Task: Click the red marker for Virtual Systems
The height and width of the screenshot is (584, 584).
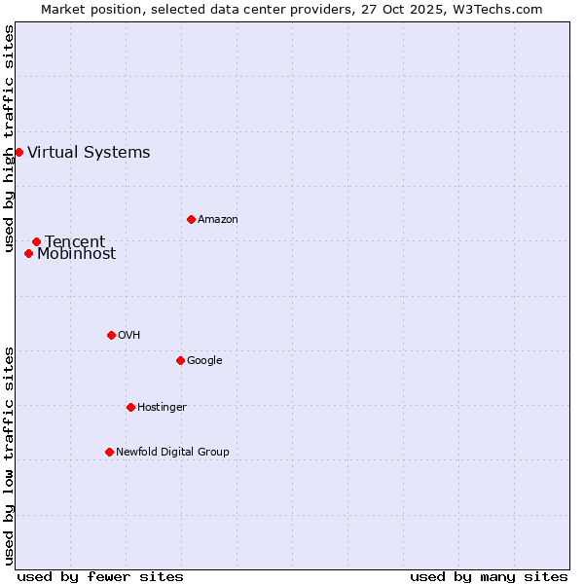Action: click(x=18, y=152)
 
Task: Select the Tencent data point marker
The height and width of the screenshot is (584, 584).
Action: click(x=36, y=241)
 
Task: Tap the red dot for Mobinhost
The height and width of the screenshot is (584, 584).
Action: click(x=28, y=253)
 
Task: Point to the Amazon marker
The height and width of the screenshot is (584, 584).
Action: click(x=191, y=219)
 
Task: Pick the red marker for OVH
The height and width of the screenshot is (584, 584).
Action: click(x=111, y=335)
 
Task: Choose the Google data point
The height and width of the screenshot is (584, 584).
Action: click(x=180, y=360)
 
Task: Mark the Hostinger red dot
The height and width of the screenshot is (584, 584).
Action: click(x=130, y=407)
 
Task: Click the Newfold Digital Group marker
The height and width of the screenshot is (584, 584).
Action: click(x=109, y=452)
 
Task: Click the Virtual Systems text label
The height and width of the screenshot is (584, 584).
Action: click(x=89, y=152)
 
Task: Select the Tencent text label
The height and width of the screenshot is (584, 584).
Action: click(x=75, y=241)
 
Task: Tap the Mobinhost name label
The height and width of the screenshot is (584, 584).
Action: click(x=76, y=254)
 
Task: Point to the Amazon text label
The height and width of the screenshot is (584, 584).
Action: click(x=218, y=219)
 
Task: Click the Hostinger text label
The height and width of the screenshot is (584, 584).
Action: click(x=162, y=407)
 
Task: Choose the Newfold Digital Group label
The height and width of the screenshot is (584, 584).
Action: click(x=172, y=452)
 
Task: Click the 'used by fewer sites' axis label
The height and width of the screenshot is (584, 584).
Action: click(x=100, y=576)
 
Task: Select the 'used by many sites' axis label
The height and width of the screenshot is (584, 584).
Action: click(x=489, y=576)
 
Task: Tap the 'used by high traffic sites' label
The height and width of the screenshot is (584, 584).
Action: click(x=10, y=138)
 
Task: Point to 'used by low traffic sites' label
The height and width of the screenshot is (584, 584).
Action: click(x=10, y=456)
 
